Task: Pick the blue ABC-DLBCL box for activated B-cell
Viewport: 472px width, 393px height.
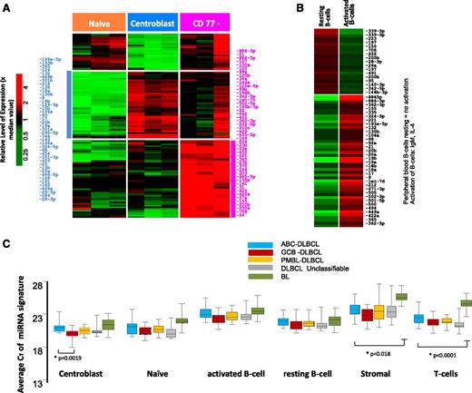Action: (206, 313)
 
